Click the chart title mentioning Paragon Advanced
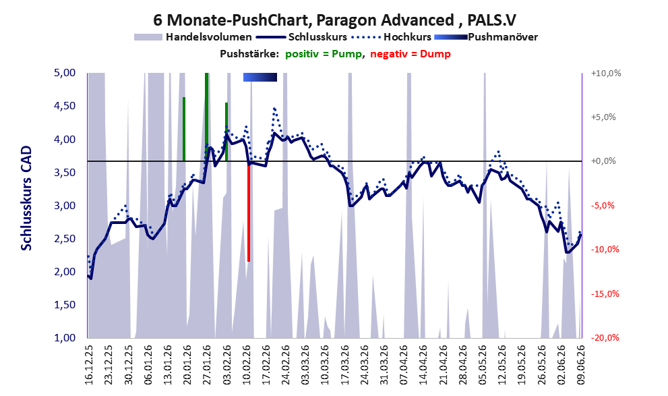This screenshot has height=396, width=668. pyautogui.click(x=334, y=20)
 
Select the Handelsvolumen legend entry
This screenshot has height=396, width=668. pyautogui.click(x=193, y=37)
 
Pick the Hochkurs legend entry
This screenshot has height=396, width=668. pyautogui.click(x=392, y=37)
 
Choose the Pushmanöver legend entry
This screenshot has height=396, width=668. pyautogui.click(x=486, y=37)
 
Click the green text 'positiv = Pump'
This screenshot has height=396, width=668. pyautogui.click(x=324, y=54)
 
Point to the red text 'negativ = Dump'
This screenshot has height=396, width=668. pyautogui.click(x=411, y=54)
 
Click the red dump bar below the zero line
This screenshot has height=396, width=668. pyautogui.click(x=248, y=211)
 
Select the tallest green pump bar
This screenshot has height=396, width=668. pyautogui.click(x=207, y=117)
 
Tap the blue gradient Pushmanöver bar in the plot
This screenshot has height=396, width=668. pyautogui.click(x=260, y=77)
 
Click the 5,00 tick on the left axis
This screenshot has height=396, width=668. pyautogui.click(x=65, y=73)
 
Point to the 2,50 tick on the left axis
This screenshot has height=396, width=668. pyautogui.click(x=65, y=238)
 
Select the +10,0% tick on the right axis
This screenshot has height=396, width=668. pyautogui.click(x=606, y=74)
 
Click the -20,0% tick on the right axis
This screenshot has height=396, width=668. pyautogui.click(x=605, y=338)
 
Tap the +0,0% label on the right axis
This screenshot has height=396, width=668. pyautogui.click(x=603, y=161)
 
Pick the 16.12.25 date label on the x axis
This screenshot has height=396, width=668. pyautogui.click(x=88, y=365)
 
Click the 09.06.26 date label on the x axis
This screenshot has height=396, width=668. pyautogui.click(x=580, y=365)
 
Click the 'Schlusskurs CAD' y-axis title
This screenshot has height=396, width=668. pyautogui.click(x=26, y=198)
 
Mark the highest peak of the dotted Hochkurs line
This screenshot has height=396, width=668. pyautogui.click(x=274, y=109)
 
